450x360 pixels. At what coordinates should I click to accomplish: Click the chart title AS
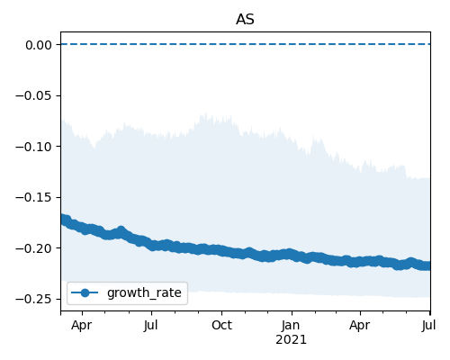tap(245, 20)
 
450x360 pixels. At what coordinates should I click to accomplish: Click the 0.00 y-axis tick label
tap(39, 45)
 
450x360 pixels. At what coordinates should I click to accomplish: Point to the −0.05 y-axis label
tap(33, 95)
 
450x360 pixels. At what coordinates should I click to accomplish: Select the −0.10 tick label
tap(33, 147)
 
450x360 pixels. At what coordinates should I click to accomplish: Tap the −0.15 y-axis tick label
tap(33, 197)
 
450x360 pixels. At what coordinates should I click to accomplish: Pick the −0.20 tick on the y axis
tap(33, 248)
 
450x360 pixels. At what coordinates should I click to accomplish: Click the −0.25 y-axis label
tap(33, 300)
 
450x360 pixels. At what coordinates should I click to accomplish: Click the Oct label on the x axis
tap(221, 325)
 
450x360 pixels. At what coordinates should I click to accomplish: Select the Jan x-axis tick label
tap(291, 325)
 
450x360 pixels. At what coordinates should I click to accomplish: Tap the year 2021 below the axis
tap(291, 340)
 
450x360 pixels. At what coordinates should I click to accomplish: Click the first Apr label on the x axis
tap(82, 326)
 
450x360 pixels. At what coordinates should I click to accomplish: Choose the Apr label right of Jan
tap(360, 326)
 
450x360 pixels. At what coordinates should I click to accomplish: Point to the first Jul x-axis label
tap(151, 326)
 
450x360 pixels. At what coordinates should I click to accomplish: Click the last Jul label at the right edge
tap(429, 326)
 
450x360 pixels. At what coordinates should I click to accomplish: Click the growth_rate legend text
tap(144, 292)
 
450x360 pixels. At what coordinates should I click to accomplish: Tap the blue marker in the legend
tap(85, 292)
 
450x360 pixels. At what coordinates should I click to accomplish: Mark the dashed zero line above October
tap(221, 44)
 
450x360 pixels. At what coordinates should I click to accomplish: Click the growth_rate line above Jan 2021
tap(292, 255)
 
